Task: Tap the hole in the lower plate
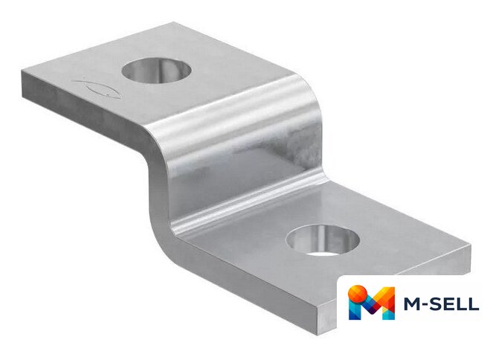pyautogui.click(x=323, y=240)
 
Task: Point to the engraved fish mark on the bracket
pyautogui.click(x=97, y=89)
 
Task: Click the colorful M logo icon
pyautogui.click(x=372, y=302)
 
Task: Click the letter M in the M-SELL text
pyautogui.click(x=413, y=303)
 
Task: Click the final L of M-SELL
pyautogui.click(x=474, y=303)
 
